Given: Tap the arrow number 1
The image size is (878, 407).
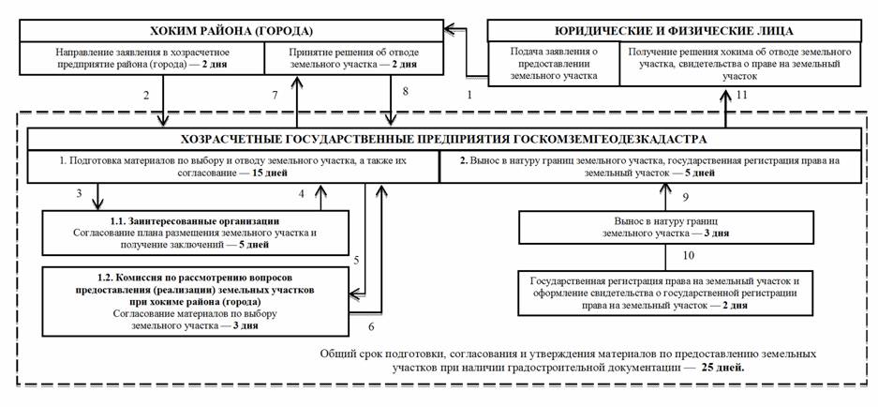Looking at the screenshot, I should (470, 95).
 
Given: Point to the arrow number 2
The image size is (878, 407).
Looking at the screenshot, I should (146, 95).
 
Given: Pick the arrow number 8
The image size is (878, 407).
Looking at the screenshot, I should (406, 93).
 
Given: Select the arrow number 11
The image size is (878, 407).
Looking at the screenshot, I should (743, 95).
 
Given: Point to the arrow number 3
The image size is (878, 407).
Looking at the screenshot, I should (81, 192).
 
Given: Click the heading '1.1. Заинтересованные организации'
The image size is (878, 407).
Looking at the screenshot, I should (182, 220).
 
